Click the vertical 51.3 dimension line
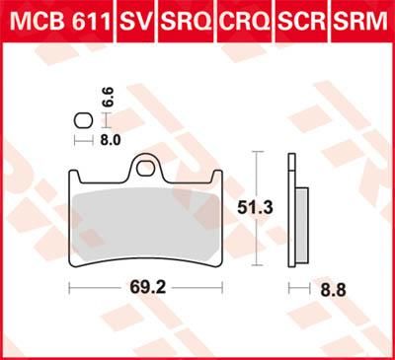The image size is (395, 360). pos(258,209)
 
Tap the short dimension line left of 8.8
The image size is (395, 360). pos(292,288)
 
